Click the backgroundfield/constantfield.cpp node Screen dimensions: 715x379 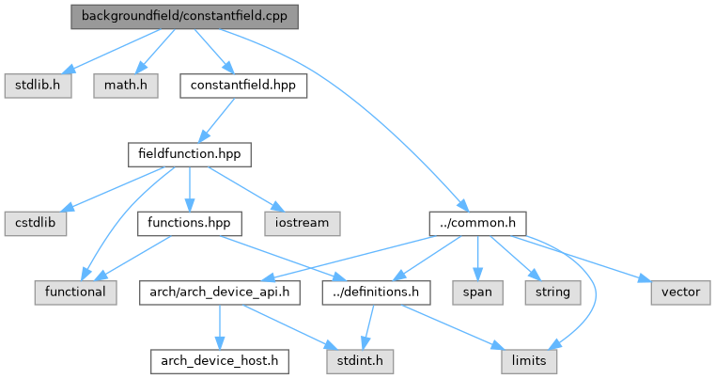(x=185, y=17)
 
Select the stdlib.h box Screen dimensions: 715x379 (x=38, y=86)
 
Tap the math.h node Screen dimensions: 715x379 (x=126, y=86)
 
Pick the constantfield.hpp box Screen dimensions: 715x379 (x=243, y=86)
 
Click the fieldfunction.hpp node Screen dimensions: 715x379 (x=190, y=154)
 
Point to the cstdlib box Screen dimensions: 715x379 (x=36, y=223)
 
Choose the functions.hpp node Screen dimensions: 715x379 (x=189, y=223)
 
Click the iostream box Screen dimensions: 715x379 (x=303, y=223)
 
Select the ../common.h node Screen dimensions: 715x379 (x=478, y=223)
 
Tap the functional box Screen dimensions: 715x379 (x=76, y=292)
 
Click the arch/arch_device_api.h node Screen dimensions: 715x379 (x=220, y=292)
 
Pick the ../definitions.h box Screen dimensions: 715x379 (x=376, y=292)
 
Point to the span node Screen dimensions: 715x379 (x=478, y=292)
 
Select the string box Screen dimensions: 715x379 (x=553, y=292)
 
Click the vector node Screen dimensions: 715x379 (x=681, y=292)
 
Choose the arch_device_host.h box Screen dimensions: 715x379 (x=220, y=361)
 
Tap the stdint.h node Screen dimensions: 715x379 (x=360, y=361)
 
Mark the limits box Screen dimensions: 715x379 (x=529, y=361)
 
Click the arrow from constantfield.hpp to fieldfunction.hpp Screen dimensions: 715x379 (x=217, y=120)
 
